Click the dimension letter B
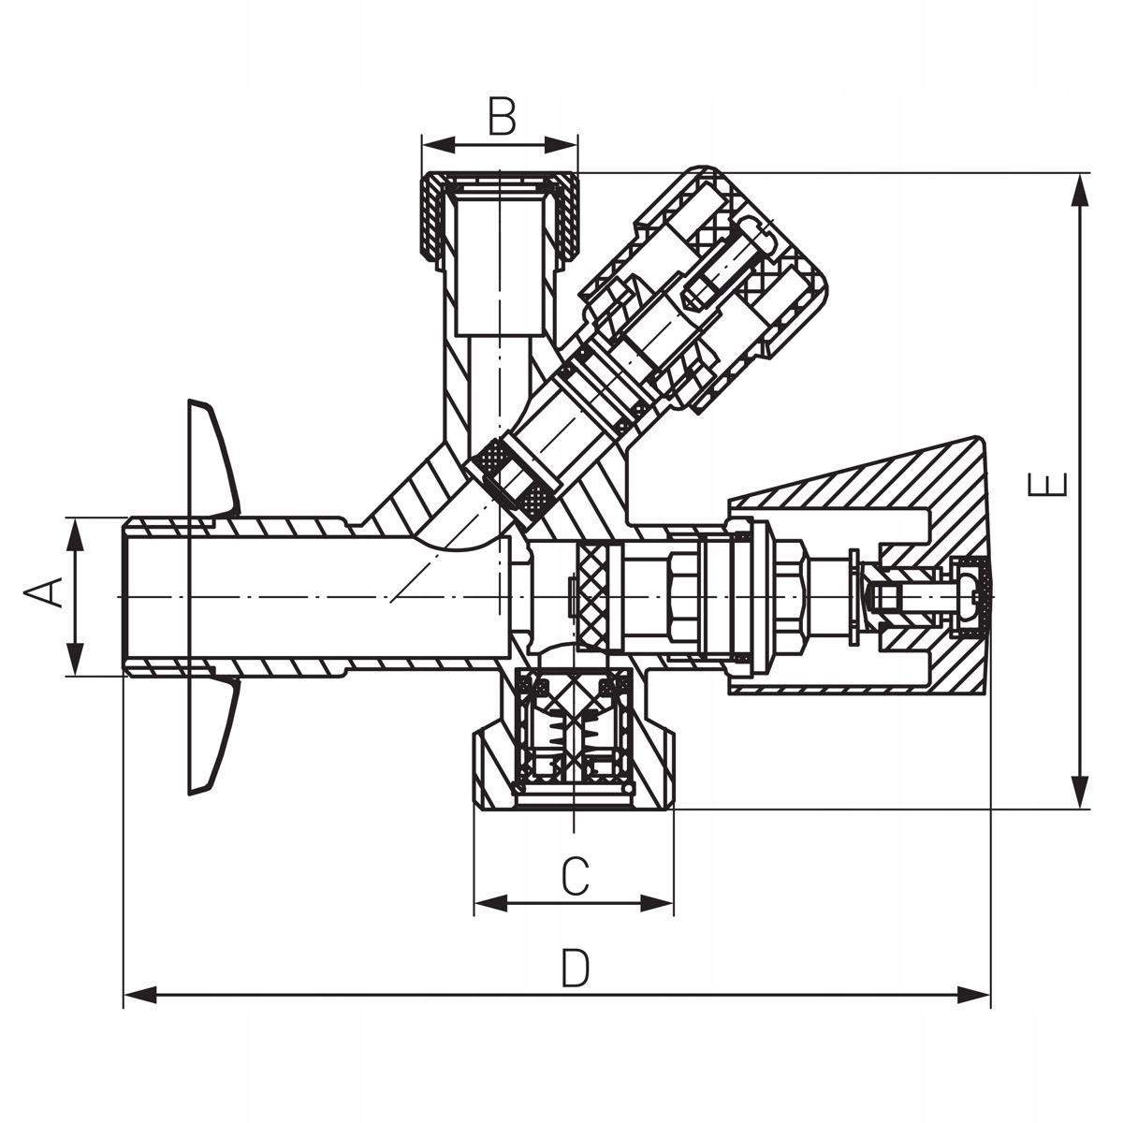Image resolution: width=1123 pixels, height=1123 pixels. point(502,118)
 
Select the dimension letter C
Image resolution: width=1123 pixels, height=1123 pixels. point(575,877)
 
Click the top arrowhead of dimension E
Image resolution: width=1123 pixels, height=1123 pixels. point(1081,192)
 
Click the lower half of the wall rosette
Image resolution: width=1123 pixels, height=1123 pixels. point(211,739)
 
